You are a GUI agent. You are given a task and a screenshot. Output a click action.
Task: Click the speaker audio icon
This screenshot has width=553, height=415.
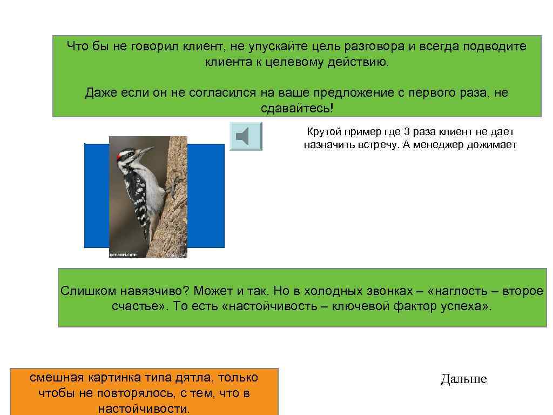(246, 136)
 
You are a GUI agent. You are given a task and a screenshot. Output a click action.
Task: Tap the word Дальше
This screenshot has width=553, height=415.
(463, 379)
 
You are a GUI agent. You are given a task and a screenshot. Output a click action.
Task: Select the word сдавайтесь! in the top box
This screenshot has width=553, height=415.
(297, 109)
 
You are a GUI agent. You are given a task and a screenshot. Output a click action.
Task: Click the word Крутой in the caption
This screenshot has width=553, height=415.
(324, 132)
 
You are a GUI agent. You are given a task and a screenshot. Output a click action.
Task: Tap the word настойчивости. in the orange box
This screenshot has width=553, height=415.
(144, 409)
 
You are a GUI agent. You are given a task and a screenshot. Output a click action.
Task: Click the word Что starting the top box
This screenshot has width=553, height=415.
(77, 46)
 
